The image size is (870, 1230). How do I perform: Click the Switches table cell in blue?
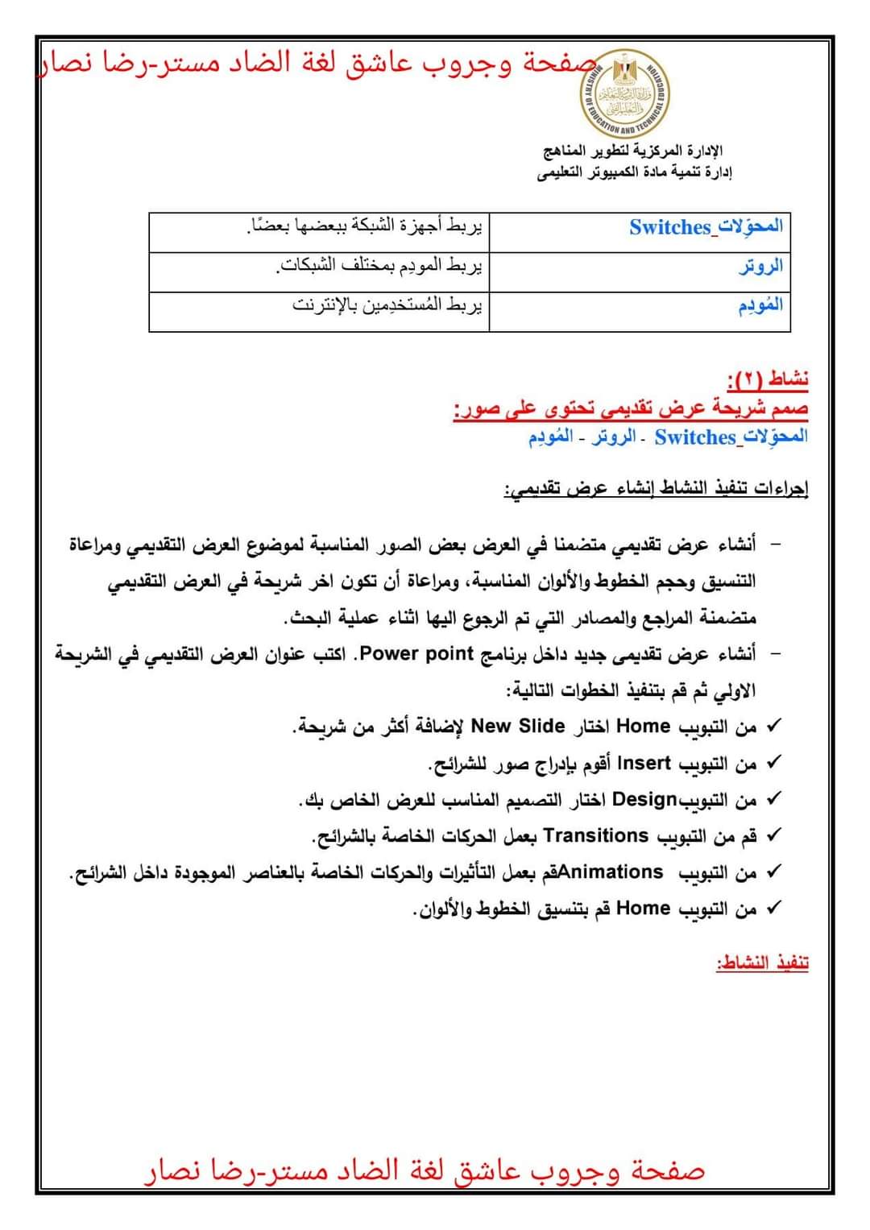coord(706,227)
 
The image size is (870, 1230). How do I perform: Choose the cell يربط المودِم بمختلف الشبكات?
coord(379,266)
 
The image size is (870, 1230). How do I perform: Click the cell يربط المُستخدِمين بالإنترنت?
coord(387,305)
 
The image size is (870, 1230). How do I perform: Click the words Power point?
coord(416,653)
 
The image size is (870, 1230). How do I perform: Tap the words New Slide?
coord(517,726)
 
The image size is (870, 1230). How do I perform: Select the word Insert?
coord(644,762)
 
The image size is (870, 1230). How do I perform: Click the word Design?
coord(644,799)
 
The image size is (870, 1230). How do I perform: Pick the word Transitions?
coord(596,835)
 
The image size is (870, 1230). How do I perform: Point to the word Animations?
coord(611,872)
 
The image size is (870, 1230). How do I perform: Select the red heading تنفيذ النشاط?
coord(762,963)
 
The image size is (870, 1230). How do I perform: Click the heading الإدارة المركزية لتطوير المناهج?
coord(633,151)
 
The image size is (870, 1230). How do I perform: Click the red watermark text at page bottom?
coord(425,1171)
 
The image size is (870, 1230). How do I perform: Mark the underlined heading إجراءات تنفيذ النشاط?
coord(656,488)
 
